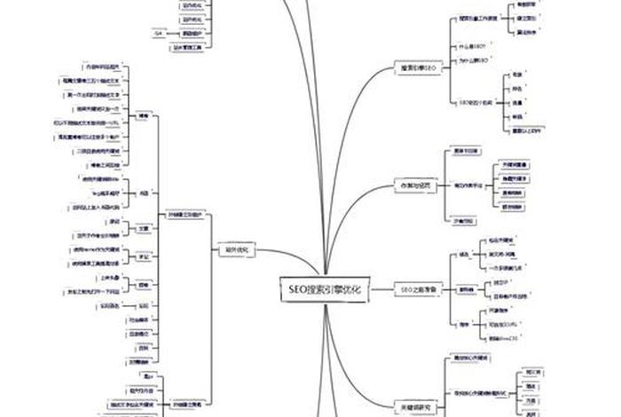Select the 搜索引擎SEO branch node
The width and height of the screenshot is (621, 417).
pyautogui.click(x=417, y=67)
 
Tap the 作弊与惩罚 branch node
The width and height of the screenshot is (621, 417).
pyautogui.click(x=417, y=185)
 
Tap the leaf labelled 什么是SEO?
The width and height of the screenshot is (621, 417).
pyautogui.click(x=472, y=44)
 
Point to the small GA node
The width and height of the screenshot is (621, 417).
pyautogui.click(x=158, y=33)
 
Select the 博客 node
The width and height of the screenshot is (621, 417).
pyautogui.click(x=144, y=116)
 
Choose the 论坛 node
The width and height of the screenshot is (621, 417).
pyautogui.click(x=144, y=191)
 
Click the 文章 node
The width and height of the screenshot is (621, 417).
pyautogui.click(x=144, y=228)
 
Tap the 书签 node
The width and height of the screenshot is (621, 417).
pyautogui.click(x=144, y=256)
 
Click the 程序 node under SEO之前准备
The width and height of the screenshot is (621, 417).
pyautogui.click(x=464, y=325)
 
